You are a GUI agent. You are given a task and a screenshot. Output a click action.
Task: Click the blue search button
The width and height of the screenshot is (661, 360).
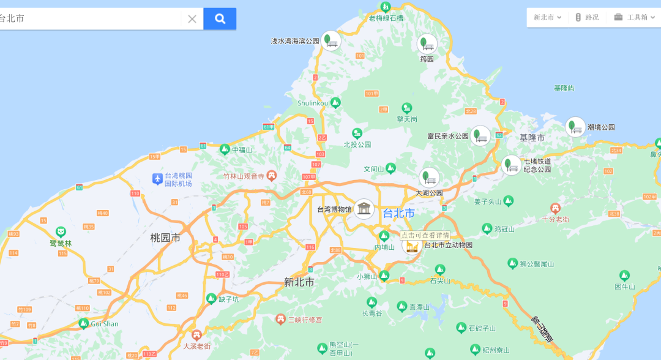coord(220,19)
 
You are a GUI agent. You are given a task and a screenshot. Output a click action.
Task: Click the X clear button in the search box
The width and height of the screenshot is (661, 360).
coord(192,19)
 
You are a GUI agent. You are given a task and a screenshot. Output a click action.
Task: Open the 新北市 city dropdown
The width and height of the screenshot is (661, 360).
coord(547,17)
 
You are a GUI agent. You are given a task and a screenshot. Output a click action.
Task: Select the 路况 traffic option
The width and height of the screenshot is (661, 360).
coord(587,17)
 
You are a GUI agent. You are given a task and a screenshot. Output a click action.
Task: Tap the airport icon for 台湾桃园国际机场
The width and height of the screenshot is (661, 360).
coord(158,179)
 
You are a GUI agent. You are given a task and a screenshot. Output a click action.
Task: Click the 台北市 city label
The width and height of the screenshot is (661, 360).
coord(398,214)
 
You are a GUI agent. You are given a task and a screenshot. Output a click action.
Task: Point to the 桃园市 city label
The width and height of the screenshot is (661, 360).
coord(165,238)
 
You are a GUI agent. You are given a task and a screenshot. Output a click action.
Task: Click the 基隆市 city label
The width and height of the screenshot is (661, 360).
coord(532,138)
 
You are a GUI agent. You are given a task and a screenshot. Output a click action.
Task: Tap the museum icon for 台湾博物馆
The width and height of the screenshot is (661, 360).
coord(364,209)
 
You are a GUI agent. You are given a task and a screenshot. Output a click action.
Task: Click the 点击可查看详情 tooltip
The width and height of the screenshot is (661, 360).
coord(425,235)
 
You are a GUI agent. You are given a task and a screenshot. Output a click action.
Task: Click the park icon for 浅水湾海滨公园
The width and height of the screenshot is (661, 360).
coord(331,41)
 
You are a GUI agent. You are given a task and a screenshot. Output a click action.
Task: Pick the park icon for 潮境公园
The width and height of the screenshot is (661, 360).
coord(575,127)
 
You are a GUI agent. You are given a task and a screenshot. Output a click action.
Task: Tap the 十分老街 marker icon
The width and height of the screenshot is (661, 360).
coord(555,208)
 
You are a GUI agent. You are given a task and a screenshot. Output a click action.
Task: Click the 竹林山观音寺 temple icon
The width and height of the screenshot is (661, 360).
coord(272,176)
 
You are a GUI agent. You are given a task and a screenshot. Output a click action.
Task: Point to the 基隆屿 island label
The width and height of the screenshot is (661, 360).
coord(564,88)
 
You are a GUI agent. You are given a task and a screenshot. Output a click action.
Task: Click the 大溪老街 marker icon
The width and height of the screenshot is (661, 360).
coord(196,335)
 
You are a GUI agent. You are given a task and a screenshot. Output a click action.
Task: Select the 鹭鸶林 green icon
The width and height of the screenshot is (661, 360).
coord(61,232)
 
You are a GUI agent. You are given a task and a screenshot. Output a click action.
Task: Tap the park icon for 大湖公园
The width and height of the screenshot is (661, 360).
coord(429,178)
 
